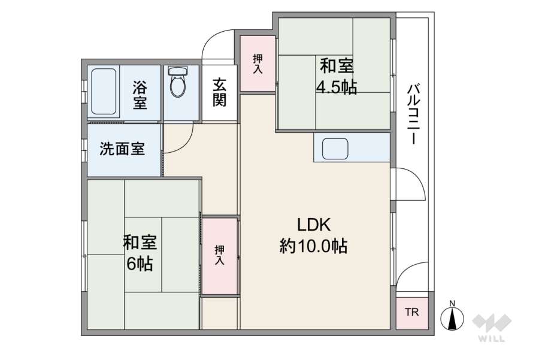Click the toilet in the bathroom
pos(178,84)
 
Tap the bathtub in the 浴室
pos(104,92)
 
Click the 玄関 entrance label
pos(220,92)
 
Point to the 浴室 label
pos(140,95)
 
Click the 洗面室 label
pos(122,149)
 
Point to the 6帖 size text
pos(140,263)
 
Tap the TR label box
pos(412,313)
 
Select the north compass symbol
pos(453,317)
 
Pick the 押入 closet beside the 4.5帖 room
pos(258,63)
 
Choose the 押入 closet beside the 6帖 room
pos(219,256)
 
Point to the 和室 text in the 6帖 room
pos(140,242)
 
